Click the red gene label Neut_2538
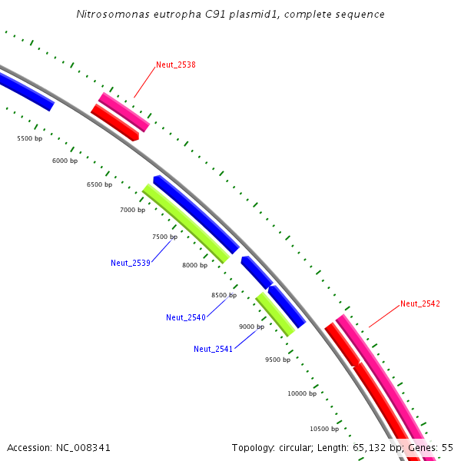point(176,65)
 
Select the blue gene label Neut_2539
point(131,263)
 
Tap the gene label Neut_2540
point(186,317)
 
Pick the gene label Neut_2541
point(214,349)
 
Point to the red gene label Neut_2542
point(420,303)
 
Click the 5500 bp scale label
point(30,138)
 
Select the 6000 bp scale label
point(65,161)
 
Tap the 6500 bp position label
point(99,184)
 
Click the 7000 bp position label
point(132,210)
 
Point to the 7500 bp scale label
point(164,237)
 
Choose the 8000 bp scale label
point(194,265)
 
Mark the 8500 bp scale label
point(224,295)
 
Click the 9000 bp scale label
point(251,327)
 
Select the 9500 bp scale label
point(277,360)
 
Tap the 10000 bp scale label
point(302,393)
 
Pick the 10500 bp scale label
point(324,429)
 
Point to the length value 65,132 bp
point(374,447)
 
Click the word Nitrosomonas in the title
point(110,15)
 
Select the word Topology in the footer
point(254,447)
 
